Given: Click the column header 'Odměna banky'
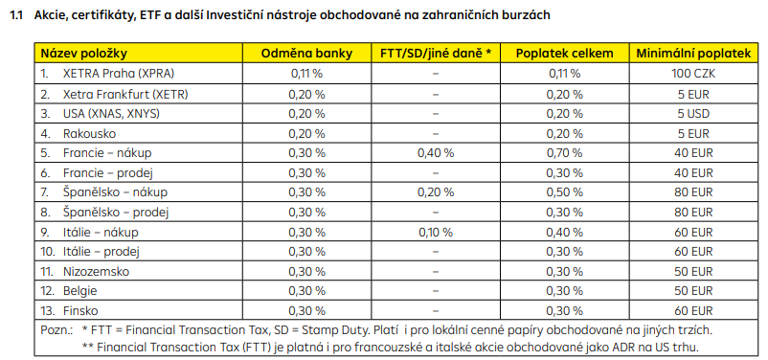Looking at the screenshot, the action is [x=306, y=54].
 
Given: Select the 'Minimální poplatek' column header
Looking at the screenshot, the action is [x=693, y=54].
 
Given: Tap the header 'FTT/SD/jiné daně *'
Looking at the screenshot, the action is [x=436, y=54].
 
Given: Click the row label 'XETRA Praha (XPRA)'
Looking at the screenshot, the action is [x=119, y=74].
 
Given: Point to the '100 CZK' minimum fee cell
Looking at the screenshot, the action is [x=693, y=74].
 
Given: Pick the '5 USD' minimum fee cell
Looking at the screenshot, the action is [x=693, y=114].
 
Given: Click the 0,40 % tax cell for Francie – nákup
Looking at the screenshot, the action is [x=436, y=153].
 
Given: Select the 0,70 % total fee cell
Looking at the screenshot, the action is [x=565, y=153].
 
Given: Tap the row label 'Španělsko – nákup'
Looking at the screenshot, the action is [x=115, y=192].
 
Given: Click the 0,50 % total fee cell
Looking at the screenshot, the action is [x=565, y=192].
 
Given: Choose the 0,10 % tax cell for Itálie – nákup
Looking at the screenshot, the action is [x=436, y=232].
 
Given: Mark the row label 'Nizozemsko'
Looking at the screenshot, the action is [x=96, y=271].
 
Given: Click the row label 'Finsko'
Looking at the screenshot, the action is [x=80, y=311].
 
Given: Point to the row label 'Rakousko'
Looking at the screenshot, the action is [x=90, y=133].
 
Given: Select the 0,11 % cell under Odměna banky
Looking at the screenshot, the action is [x=306, y=74].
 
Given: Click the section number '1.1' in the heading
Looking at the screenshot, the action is [x=16, y=15].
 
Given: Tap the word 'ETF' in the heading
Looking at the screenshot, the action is [x=148, y=15].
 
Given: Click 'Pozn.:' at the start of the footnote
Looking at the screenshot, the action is [x=56, y=330].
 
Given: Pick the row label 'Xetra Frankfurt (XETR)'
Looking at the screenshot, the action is [x=125, y=94].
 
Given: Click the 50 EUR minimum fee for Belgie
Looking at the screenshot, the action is [x=693, y=291].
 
